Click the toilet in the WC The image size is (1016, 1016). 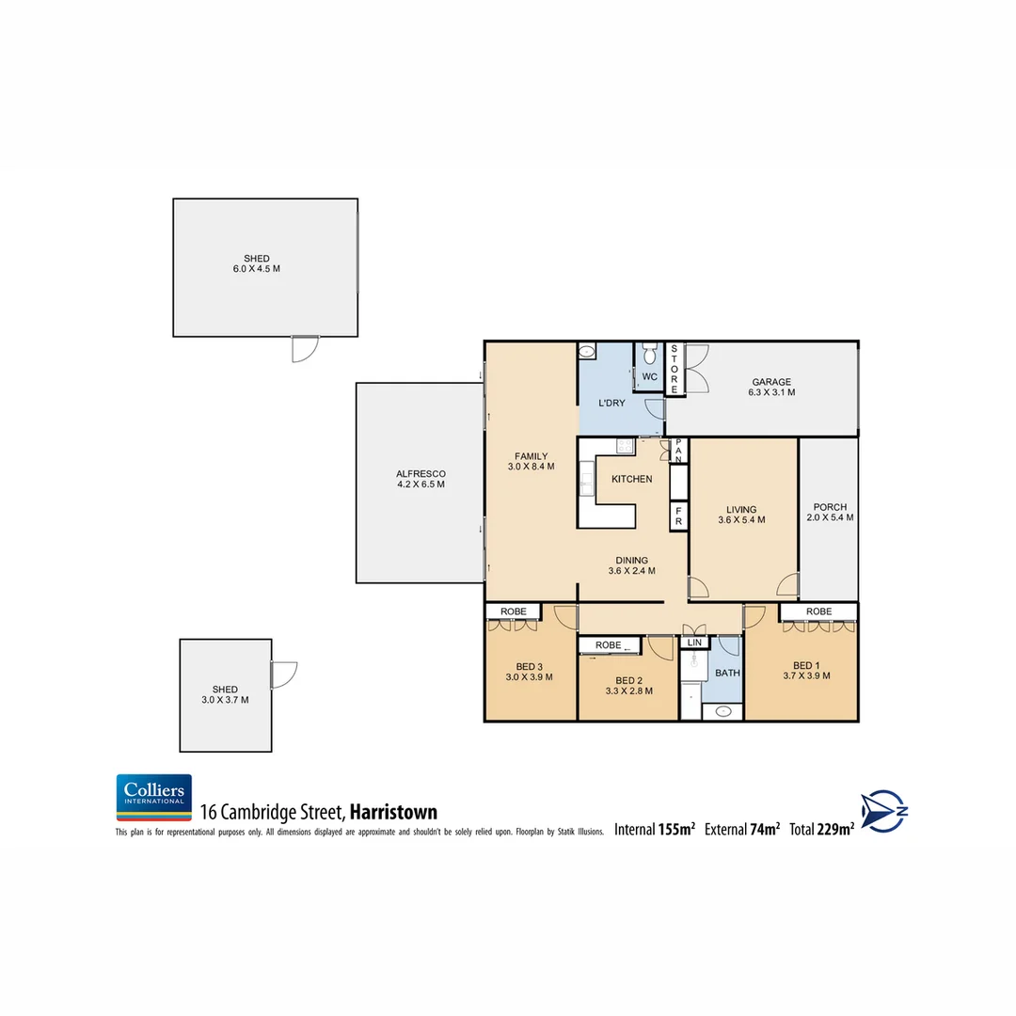tap(649, 355)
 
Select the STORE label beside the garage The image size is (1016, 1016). tap(674, 369)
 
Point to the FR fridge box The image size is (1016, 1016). tap(677, 516)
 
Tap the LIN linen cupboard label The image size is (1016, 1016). tap(694, 643)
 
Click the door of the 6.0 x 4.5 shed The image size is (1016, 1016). tap(305, 349)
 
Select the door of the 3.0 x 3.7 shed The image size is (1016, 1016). tap(283, 675)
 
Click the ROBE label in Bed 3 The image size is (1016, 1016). tap(513, 611)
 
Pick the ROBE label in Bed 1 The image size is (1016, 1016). tap(818, 611)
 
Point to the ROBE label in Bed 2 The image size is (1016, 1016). tap(609, 645)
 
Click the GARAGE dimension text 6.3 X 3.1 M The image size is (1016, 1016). tap(771, 392)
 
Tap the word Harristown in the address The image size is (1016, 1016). tap(393, 813)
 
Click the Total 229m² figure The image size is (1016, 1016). tap(822, 829)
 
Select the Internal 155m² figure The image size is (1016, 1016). tap(655, 829)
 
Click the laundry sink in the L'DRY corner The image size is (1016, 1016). tap(586, 352)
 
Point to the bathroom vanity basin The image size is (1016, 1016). tap(722, 711)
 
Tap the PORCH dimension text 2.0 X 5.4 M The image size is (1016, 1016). tap(830, 517)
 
